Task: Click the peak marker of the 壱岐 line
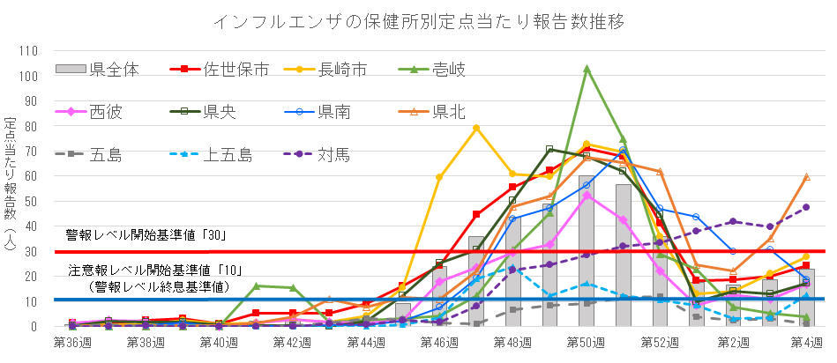tap(587, 68)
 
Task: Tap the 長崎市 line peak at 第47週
tap(476, 128)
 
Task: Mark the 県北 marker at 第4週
tap(807, 177)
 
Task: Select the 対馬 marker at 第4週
tap(807, 207)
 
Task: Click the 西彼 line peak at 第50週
tap(587, 195)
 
